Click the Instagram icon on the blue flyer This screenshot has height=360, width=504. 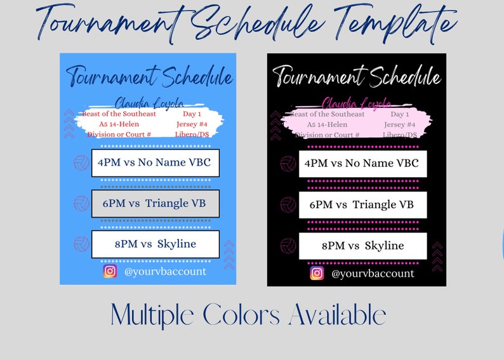click(110, 271)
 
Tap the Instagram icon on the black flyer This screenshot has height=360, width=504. click(317, 273)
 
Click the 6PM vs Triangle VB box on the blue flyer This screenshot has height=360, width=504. click(156, 203)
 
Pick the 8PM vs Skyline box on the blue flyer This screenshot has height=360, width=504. click(156, 244)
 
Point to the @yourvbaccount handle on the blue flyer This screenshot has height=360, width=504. click(165, 271)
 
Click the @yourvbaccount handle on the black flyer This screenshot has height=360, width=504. click(373, 274)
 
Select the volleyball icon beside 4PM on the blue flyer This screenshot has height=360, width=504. click(82, 163)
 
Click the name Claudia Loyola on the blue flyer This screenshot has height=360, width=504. click(149, 103)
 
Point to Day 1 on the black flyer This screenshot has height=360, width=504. click(400, 114)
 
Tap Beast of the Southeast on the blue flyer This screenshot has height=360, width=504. click(119, 114)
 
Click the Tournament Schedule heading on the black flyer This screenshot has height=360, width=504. click(356, 77)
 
